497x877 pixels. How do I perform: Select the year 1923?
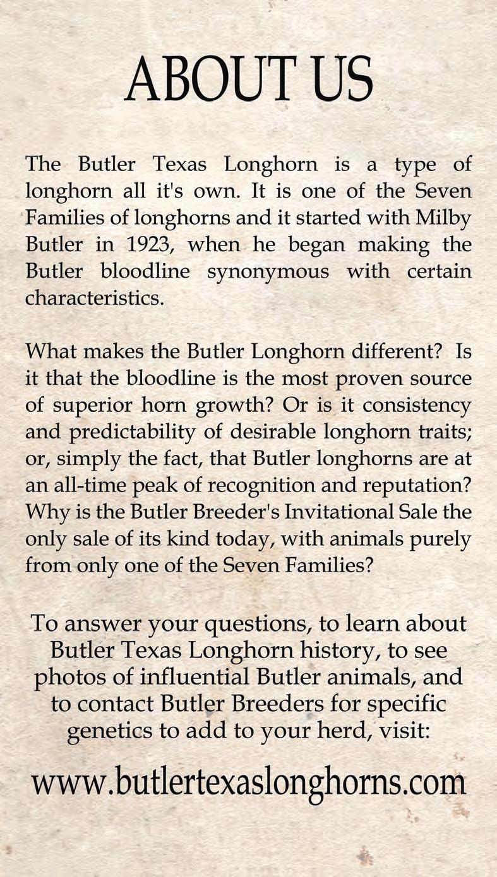click(147, 244)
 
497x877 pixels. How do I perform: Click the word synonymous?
click(277, 271)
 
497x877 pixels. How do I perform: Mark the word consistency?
click(416, 404)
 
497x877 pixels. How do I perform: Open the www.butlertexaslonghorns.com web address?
click(249, 784)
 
